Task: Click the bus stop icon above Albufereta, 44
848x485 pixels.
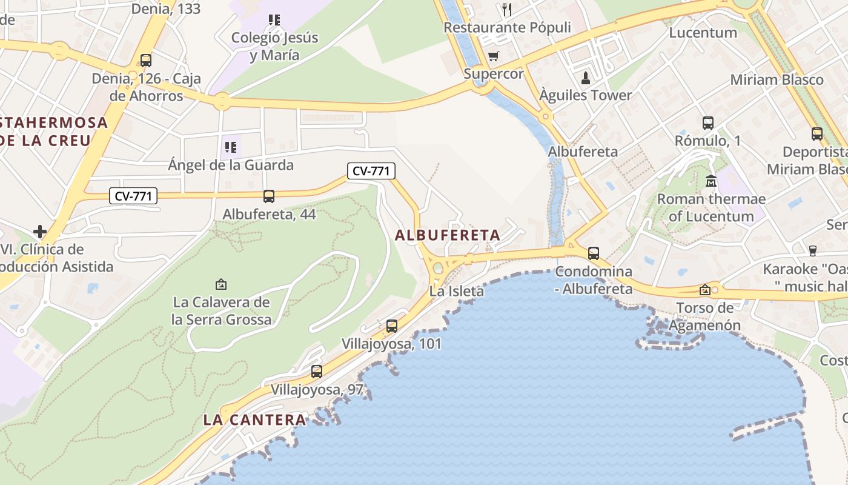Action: click(x=269, y=196)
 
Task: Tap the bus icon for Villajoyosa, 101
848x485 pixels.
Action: click(x=392, y=326)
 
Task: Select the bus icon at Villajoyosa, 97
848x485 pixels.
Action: click(x=317, y=372)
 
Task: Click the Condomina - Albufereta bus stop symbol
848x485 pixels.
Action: click(x=594, y=253)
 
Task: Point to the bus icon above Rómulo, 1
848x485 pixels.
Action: click(x=708, y=123)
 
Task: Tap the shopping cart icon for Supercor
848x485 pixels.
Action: click(x=494, y=56)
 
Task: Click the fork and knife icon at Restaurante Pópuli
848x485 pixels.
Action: click(x=507, y=10)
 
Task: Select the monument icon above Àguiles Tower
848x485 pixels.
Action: click(x=586, y=78)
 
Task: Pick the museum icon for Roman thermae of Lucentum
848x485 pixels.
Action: click(x=711, y=181)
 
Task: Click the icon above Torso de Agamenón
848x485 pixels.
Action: click(x=705, y=290)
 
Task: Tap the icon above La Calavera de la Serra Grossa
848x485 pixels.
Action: click(x=221, y=284)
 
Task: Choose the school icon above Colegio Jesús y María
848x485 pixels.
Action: click(x=274, y=20)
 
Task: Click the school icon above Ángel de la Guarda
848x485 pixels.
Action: click(x=230, y=147)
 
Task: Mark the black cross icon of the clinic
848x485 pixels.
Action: click(x=40, y=231)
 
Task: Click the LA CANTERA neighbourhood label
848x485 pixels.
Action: click(x=254, y=420)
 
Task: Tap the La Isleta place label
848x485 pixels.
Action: click(x=457, y=292)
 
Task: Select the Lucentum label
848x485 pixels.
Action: click(x=703, y=32)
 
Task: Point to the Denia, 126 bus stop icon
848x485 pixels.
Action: click(x=145, y=61)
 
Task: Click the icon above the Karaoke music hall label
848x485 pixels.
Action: click(x=813, y=250)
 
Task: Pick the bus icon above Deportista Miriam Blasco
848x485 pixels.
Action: click(x=817, y=134)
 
